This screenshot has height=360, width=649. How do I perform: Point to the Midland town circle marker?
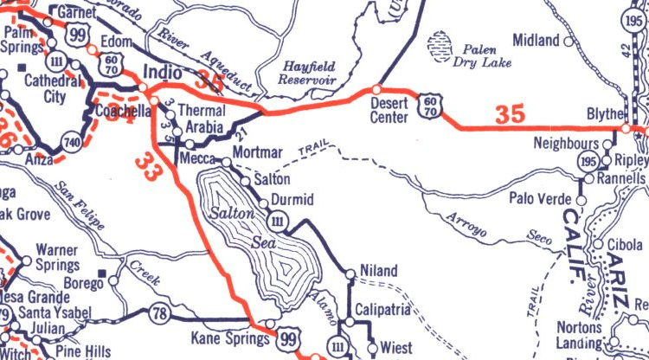point(569,41)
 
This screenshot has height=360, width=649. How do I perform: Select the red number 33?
point(148,162)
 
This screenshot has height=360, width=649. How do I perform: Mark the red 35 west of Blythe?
point(511,113)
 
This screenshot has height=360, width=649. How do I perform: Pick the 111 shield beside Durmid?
point(278,223)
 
